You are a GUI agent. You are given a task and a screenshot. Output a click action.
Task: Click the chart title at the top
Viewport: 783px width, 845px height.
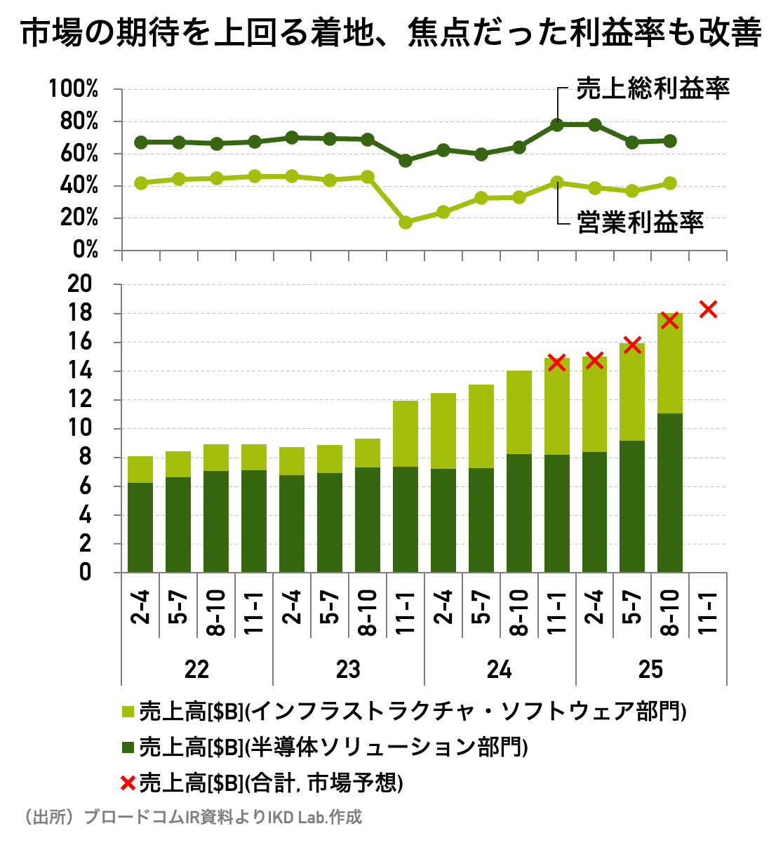point(391,33)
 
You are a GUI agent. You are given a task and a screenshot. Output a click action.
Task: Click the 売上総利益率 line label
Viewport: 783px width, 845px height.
point(653,88)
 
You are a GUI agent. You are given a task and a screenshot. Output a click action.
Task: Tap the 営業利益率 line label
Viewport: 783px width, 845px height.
point(640,222)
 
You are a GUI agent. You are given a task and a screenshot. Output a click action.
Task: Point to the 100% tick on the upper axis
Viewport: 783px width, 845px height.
point(73,89)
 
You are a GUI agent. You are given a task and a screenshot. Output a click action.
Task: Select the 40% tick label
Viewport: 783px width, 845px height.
point(79,186)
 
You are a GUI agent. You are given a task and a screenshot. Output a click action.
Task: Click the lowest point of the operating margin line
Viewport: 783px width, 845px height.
point(406,222)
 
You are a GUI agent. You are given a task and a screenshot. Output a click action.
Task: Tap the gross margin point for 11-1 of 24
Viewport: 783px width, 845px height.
point(557,125)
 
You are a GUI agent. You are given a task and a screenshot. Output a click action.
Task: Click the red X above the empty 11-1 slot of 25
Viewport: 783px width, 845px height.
point(708,309)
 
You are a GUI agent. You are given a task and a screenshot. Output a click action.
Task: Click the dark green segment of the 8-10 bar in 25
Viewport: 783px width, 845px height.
point(670,491)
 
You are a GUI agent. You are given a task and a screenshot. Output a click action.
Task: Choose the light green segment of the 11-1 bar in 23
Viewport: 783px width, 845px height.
point(406,434)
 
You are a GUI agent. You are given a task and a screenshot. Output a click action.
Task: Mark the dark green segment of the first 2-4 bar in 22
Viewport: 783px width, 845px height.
point(140,526)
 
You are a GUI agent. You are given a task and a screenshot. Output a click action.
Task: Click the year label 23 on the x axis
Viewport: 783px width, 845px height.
point(348,670)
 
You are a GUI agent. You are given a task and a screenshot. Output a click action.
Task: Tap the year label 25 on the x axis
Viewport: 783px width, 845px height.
point(650,670)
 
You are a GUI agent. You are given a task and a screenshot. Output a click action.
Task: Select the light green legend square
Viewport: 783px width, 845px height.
point(127,712)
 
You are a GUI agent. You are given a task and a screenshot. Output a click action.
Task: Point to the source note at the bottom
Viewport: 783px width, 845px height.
point(193,818)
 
